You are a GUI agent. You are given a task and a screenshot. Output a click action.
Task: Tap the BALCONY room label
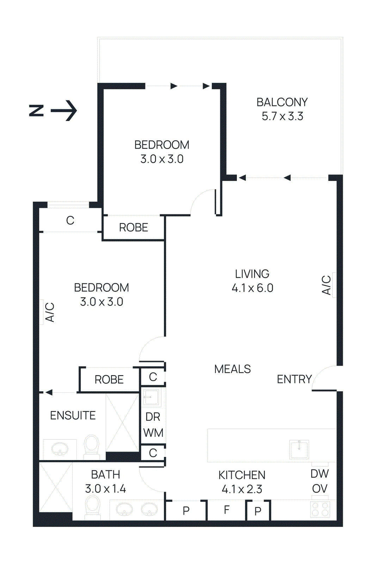(x=282, y=102)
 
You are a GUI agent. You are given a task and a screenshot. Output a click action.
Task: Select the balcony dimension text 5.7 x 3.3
(x=282, y=116)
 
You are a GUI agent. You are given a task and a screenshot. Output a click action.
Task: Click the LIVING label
(x=252, y=274)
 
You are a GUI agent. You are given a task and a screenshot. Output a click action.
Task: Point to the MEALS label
(x=232, y=369)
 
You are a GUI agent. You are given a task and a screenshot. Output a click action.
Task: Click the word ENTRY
(x=294, y=379)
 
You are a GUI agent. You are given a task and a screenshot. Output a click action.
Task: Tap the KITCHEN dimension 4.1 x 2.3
(x=242, y=489)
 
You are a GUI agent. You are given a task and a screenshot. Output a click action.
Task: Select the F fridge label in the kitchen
(x=227, y=510)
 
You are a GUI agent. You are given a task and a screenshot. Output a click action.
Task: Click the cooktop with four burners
(x=320, y=509)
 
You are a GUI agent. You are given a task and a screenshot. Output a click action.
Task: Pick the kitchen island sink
(x=299, y=449)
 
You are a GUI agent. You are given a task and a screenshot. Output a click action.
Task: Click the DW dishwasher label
(x=319, y=474)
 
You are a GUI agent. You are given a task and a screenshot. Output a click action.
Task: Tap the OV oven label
(x=319, y=489)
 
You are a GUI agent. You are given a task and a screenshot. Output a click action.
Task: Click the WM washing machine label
(x=153, y=433)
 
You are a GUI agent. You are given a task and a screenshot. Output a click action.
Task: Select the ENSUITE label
(x=73, y=416)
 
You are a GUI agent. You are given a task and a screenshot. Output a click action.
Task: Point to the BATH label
(x=105, y=475)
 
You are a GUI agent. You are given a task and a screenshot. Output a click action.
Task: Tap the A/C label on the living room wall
(x=326, y=285)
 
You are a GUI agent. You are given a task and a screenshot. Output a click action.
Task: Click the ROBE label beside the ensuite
(x=109, y=380)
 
